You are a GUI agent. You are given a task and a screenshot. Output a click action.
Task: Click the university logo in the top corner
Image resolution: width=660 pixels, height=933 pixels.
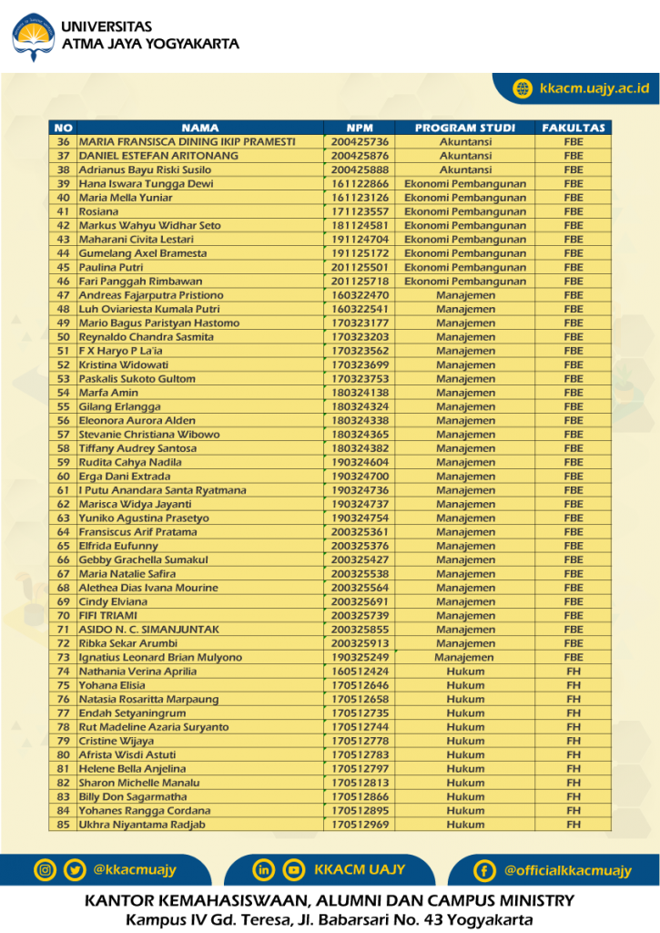pos(34,36)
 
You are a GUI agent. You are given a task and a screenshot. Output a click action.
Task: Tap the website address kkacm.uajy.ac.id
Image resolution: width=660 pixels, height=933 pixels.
pos(594,88)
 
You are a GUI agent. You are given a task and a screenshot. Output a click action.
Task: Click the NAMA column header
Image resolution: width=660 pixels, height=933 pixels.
pos(200,128)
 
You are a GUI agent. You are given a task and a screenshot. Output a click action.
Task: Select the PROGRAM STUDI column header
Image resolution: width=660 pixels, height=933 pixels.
pos(465,128)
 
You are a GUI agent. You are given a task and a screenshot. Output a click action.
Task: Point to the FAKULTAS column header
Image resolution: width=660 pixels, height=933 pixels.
pos(574,128)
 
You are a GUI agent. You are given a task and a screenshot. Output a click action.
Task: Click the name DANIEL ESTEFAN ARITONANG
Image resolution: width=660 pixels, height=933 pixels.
pos(158,156)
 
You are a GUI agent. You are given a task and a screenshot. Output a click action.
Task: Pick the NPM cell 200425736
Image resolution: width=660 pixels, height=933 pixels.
pos(360,142)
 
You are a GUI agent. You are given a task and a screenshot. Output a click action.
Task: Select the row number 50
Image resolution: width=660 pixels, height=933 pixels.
pos(64,337)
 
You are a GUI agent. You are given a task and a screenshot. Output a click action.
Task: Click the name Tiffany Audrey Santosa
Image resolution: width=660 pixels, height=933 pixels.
pos(137,448)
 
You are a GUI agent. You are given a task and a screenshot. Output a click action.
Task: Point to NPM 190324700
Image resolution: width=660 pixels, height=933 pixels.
pos(360,477)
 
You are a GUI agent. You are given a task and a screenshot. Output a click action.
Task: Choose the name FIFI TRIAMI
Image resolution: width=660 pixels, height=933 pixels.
pos(108,616)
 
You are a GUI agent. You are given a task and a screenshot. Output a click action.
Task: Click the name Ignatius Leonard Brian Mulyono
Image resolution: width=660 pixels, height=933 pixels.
pos(160,658)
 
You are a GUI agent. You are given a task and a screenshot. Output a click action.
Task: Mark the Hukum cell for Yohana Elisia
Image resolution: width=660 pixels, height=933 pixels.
pos(465,685)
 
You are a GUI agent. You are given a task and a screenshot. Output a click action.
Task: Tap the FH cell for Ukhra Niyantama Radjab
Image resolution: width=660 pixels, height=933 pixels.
pos(574,825)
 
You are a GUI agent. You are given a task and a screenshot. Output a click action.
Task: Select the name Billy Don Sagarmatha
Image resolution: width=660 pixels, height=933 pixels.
pos(133,797)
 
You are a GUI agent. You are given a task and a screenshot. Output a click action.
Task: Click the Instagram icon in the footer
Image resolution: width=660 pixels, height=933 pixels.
pos(45,870)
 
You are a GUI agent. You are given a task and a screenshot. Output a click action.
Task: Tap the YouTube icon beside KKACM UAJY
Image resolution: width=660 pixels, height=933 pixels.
pos(293,870)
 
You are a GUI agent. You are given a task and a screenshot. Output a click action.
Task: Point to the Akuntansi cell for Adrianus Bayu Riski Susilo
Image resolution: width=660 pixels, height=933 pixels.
pos(465,169)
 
